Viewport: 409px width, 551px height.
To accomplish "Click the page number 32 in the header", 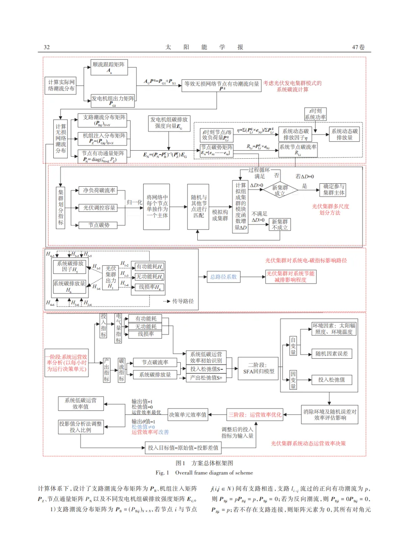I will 47,47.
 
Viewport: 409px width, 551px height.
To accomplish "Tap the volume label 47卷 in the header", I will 358,47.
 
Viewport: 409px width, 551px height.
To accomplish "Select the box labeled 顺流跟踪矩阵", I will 109,67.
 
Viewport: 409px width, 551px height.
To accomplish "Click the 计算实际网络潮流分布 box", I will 61,86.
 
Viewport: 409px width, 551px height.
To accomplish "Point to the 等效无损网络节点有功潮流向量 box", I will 222,85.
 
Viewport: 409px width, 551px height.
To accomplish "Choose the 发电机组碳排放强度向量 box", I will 169,123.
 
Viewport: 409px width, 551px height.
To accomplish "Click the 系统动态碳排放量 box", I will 344,134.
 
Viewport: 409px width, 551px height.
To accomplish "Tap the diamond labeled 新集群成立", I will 280,190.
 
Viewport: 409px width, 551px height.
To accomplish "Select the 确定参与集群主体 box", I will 334,189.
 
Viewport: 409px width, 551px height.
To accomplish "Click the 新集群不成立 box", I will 280,225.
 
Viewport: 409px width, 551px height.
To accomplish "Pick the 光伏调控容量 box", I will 99,208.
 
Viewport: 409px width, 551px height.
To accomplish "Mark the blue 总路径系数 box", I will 223,277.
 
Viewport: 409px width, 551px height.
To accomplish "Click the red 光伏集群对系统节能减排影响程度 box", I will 290,276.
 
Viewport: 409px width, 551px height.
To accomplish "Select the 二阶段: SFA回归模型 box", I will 259,368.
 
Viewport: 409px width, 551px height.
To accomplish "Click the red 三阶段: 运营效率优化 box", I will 255,415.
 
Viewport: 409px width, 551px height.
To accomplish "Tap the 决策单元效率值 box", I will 188,415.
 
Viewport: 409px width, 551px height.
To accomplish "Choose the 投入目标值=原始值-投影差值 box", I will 183,448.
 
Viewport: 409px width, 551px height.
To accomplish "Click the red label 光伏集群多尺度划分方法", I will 330,209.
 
